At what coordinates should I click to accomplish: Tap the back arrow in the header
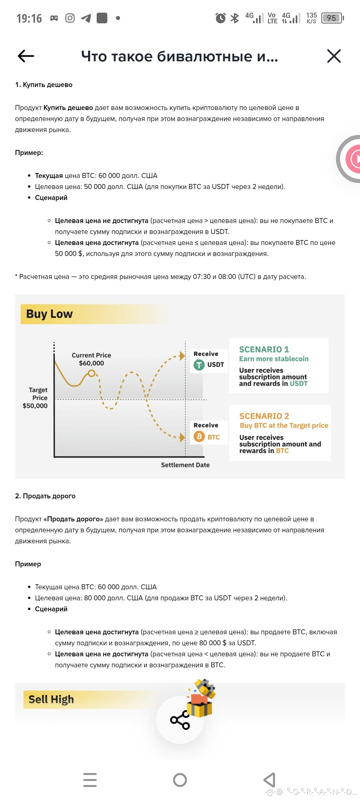coord(26,56)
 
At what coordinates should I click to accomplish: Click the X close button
coord(334,56)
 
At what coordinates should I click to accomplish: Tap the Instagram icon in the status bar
coord(70,18)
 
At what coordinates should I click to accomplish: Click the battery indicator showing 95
coord(332,18)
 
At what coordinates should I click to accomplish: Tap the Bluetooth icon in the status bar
coord(235,18)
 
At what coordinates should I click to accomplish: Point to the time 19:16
coord(29,18)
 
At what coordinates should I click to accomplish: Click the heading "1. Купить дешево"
coord(44,85)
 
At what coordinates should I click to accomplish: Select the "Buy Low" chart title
coord(49,314)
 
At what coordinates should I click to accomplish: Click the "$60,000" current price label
coord(91,363)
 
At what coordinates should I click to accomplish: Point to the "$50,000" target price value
coord(35,406)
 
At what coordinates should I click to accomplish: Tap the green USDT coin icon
coord(199,365)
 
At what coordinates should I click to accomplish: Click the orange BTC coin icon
coord(199,437)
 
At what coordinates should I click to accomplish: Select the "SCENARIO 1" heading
coord(264,349)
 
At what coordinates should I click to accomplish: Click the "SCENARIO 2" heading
coord(264,416)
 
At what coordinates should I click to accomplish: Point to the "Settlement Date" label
coord(185,465)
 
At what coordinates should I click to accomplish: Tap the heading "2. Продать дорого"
coord(45,496)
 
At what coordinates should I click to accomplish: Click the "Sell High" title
coord(51,699)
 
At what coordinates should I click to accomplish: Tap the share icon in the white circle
coord(180,720)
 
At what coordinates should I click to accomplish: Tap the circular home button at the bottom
coord(180,780)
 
